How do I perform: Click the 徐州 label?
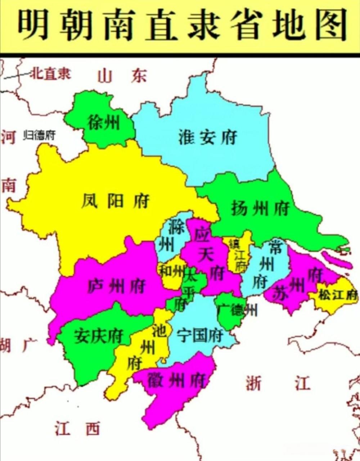point(104,123)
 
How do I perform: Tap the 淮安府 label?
point(208,138)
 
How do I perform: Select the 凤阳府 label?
point(115,201)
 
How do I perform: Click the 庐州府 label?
point(116,286)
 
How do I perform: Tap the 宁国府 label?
point(200,336)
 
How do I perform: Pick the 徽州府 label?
point(176,380)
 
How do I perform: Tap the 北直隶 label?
point(50,74)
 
